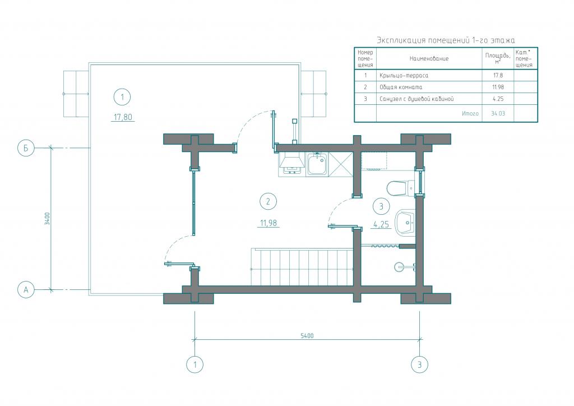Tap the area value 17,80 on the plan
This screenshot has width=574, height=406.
coord(123,117)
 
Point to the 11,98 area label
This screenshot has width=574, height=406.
coord(269,223)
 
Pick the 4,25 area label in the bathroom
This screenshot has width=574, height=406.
coord(381,224)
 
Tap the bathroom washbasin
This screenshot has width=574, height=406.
coord(405,222)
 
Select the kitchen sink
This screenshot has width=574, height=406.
coord(317,164)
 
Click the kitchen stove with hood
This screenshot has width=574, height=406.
coord(291,163)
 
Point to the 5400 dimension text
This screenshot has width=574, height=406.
coord(307,336)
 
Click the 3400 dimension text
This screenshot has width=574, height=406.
coord(47,218)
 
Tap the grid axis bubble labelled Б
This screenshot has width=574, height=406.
coord(26,148)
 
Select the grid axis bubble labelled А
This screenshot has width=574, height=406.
coord(26,289)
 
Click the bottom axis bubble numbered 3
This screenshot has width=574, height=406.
coord(419,365)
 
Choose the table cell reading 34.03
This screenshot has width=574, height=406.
coord(498,113)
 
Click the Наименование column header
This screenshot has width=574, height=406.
coord(429,58)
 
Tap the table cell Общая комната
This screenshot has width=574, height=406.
coord(401,87)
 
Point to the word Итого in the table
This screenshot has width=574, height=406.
coord(470,113)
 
